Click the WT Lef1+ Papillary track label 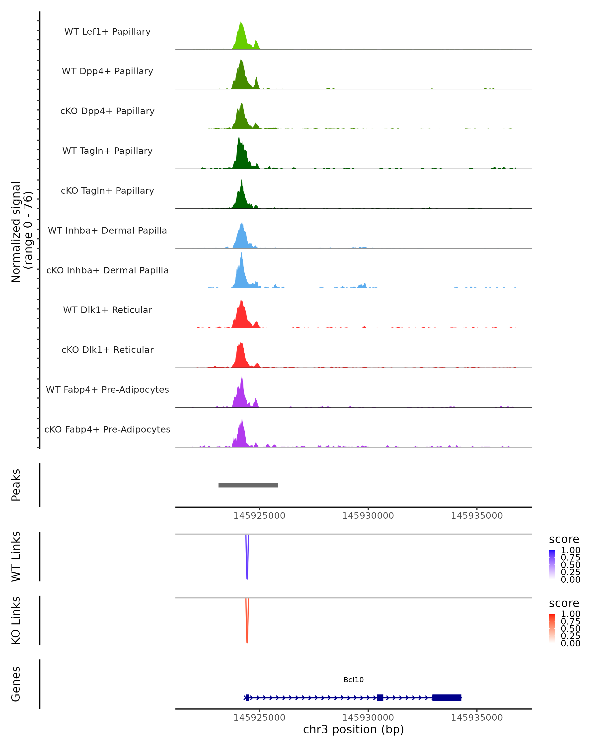click(x=107, y=32)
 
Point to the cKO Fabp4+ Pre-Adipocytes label click(x=107, y=429)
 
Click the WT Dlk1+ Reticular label click(x=107, y=310)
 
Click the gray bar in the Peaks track click(x=248, y=485)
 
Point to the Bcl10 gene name click(x=353, y=680)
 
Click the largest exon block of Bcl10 click(x=447, y=697)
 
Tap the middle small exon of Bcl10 click(x=380, y=697)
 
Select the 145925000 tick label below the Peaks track click(x=259, y=516)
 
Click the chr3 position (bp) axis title click(x=353, y=730)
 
